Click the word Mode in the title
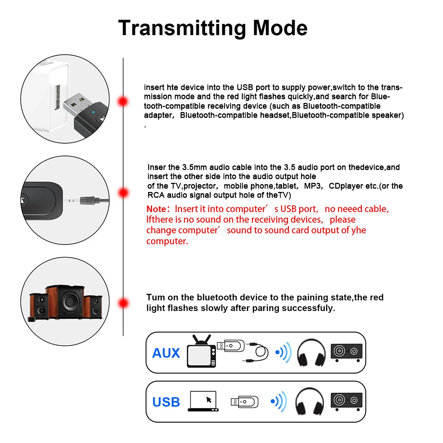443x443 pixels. (x=280, y=28)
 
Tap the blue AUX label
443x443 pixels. (x=166, y=353)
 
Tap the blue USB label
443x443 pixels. (x=166, y=402)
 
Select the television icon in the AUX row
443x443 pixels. (x=202, y=351)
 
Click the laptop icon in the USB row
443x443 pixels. (x=203, y=401)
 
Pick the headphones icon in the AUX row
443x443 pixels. (x=311, y=353)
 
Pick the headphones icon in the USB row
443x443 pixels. (x=309, y=401)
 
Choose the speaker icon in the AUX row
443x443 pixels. (x=347, y=353)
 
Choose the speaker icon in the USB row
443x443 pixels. (x=347, y=401)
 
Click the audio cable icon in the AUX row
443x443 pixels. (x=255, y=352)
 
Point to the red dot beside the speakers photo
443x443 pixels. (x=123, y=303)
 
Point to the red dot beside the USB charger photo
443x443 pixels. (x=123, y=102)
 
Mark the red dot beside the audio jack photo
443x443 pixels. (x=123, y=193)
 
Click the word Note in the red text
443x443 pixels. (x=156, y=209)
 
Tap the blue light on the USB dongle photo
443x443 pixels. (x=93, y=112)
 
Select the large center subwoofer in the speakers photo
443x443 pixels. (x=66, y=302)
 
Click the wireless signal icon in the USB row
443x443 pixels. (x=279, y=401)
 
